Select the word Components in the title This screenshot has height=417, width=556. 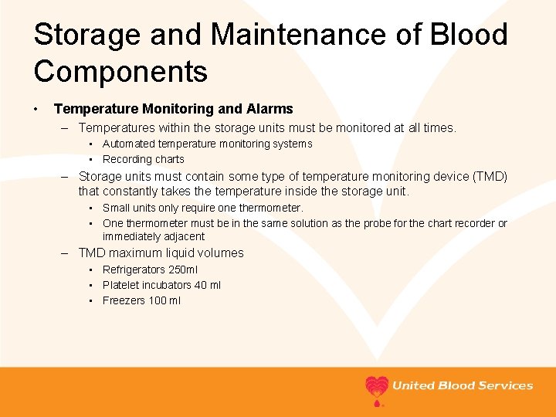(120, 72)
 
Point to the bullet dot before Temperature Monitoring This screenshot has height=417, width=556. (37, 110)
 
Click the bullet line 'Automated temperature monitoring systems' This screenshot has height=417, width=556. (207, 144)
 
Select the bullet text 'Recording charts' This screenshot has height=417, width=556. (144, 159)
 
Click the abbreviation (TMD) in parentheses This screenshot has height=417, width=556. (489, 176)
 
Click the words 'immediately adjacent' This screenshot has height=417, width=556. (154, 236)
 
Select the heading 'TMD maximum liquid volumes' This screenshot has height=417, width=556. (161, 253)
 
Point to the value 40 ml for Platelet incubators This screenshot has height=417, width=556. (208, 285)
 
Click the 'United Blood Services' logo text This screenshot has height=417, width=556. (463, 385)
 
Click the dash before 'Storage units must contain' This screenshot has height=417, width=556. (67, 176)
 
